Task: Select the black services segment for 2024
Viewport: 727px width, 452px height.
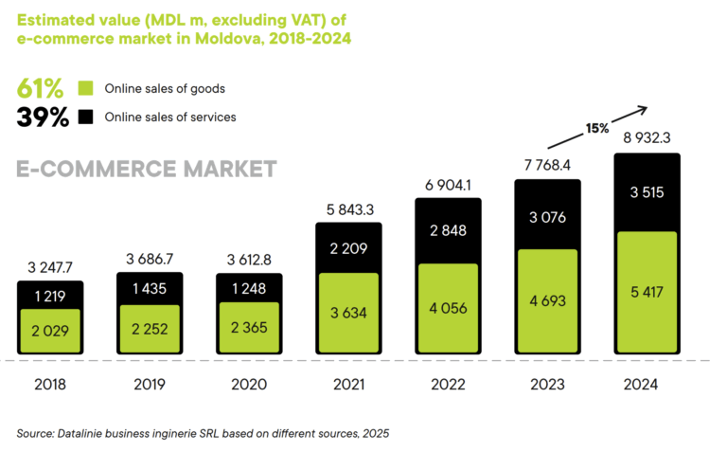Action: pyautogui.click(x=647, y=192)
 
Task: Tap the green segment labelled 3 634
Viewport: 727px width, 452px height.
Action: pyautogui.click(x=348, y=312)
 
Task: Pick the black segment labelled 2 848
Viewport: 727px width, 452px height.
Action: pyautogui.click(x=448, y=232)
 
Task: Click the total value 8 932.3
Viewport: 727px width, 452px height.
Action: pyautogui.click(x=647, y=138)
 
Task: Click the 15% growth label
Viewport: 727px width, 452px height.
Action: pyautogui.click(x=596, y=128)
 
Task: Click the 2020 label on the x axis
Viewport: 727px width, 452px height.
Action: pyautogui.click(x=249, y=385)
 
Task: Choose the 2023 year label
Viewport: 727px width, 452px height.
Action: pyautogui.click(x=548, y=385)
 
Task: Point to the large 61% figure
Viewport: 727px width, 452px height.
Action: pyautogui.click(x=41, y=89)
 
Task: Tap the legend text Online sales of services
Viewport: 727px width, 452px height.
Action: pyautogui.click(x=169, y=118)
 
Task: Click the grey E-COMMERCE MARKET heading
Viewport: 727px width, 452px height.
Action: pyautogui.click(x=147, y=170)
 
